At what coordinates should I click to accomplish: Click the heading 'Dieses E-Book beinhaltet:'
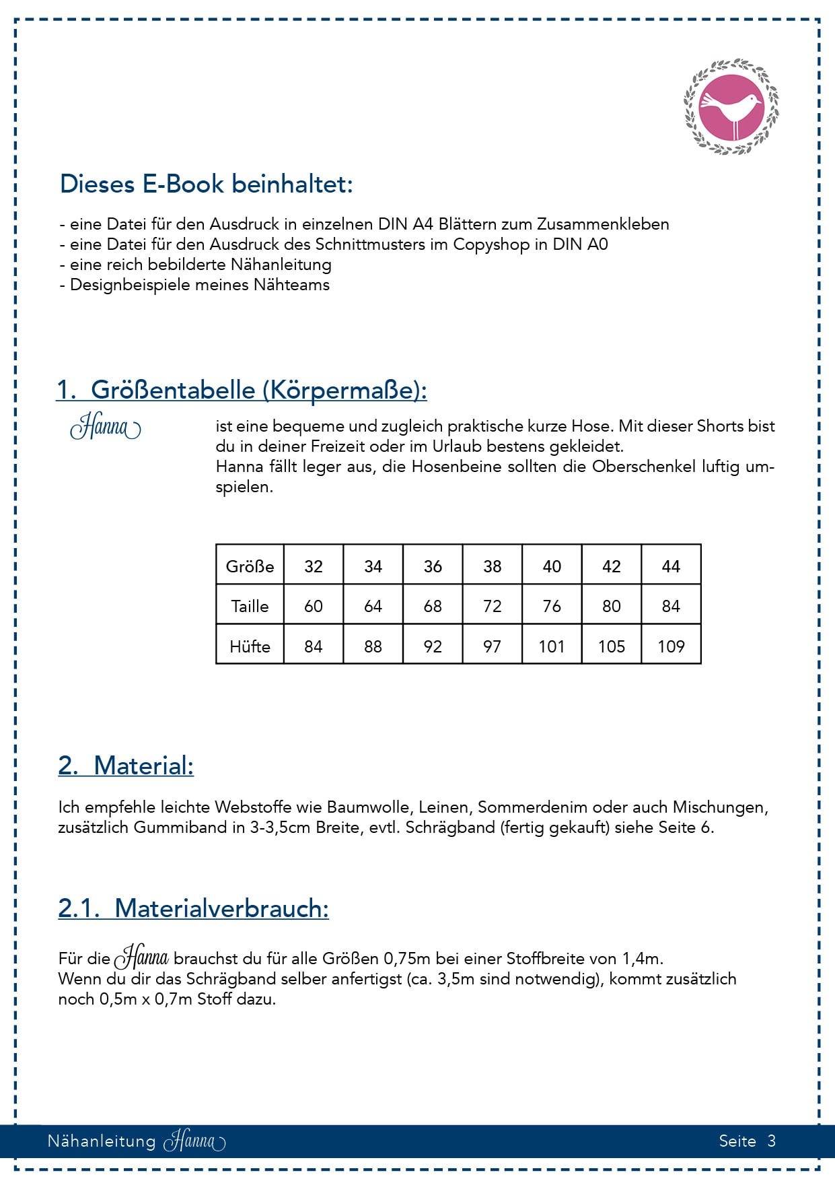click(x=206, y=184)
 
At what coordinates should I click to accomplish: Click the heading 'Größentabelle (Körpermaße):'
click(x=258, y=390)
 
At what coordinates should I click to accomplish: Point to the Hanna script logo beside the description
click(x=106, y=428)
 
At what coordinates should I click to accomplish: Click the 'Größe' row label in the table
click(x=250, y=566)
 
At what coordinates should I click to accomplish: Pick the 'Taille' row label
click(x=250, y=606)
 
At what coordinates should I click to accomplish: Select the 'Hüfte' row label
click(x=250, y=646)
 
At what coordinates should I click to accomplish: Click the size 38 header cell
click(x=492, y=566)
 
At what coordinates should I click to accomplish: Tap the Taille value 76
click(x=552, y=606)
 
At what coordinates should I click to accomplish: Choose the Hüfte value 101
click(x=552, y=646)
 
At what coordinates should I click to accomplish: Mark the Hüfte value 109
click(x=671, y=646)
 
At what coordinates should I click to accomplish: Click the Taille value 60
click(x=314, y=606)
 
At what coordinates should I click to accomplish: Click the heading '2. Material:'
click(x=126, y=766)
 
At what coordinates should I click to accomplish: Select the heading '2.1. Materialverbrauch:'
click(x=193, y=908)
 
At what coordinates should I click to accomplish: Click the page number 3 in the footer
click(x=771, y=1141)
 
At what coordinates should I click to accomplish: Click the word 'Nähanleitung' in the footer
click(x=101, y=1141)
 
